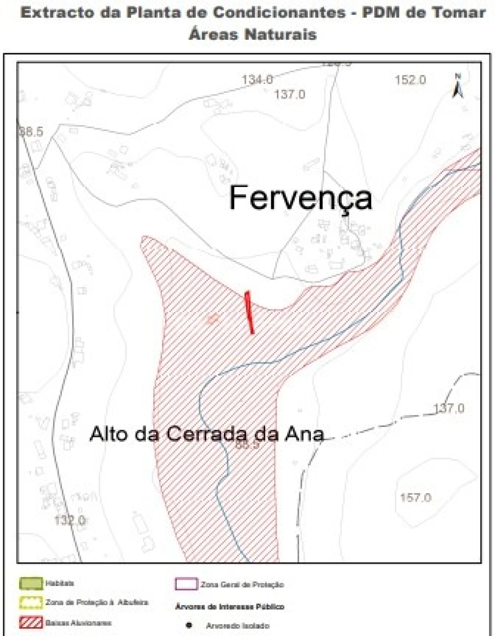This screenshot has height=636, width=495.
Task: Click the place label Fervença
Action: pyautogui.click(x=300, y=198)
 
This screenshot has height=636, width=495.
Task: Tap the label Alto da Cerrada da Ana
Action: pyautogui.click(x=207, y=434)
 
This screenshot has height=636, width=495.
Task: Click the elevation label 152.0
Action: pyautogui.click(x=410, y=80)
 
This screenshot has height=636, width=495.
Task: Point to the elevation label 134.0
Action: pyautogui.click(x=257, y=80)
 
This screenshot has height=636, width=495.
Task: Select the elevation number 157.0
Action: pyautogui.click(x=416, y=497)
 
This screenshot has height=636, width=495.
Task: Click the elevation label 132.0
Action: pyautogui.click(x=70, y=520)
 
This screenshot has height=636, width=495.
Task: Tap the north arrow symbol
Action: pyautogui.click(x=458, y=87)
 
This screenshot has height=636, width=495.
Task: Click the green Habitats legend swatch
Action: pyautogui.click(x=31, y=583)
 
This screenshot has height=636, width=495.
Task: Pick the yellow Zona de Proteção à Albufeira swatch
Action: pyautogui.click(x=31, y=603)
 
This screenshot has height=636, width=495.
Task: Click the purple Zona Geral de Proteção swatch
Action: pyautogui.click(x=186, y=584)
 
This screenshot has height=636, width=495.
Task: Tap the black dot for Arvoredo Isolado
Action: pyautogui.click(x=189, y=625)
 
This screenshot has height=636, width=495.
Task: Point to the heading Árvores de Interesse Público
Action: pyautogui.click(x=230, y=607)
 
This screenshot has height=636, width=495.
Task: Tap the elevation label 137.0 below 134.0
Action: pyautogui.click(x=290, y=94)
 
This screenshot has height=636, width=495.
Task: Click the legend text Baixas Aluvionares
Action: pyautogui.click(x=79, y=623)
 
